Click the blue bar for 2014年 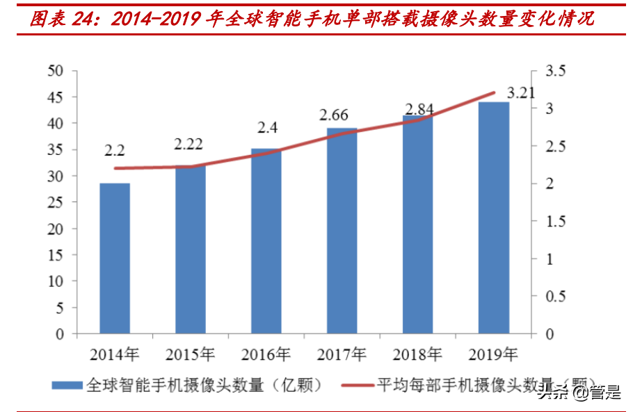pyautogui.click(x=115, y=258)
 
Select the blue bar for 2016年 pyautogui.click(x=266, y=241)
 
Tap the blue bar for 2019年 pyautogui.click(x=493, y=217)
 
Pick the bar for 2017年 pyautogui.click(x=342, y=231)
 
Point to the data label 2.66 pyautogui.click(x=334, y=115)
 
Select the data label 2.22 pyautogui.click(x=189, y=145)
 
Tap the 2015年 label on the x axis pyautogui.click(x=189, y=355)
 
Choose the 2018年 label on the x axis pyautogui.click(x=417, y=355)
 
